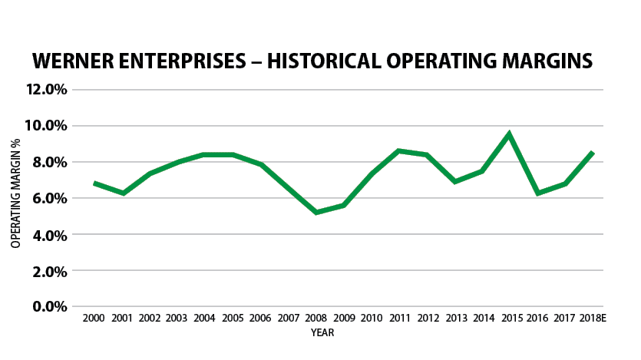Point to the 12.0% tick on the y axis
click(47, 89)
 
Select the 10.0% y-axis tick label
click(47, 126)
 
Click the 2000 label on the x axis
click(94, 319)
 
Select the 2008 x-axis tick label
click(316, 319)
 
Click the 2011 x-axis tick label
click(398, 319)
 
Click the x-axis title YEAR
click(322, 333)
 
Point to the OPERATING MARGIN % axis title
click(15, 198)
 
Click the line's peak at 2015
click(509, 134)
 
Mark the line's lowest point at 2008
click(316, 212)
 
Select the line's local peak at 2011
click(398, 151)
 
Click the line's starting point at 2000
click(94, 183)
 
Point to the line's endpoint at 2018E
click(592, 153)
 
